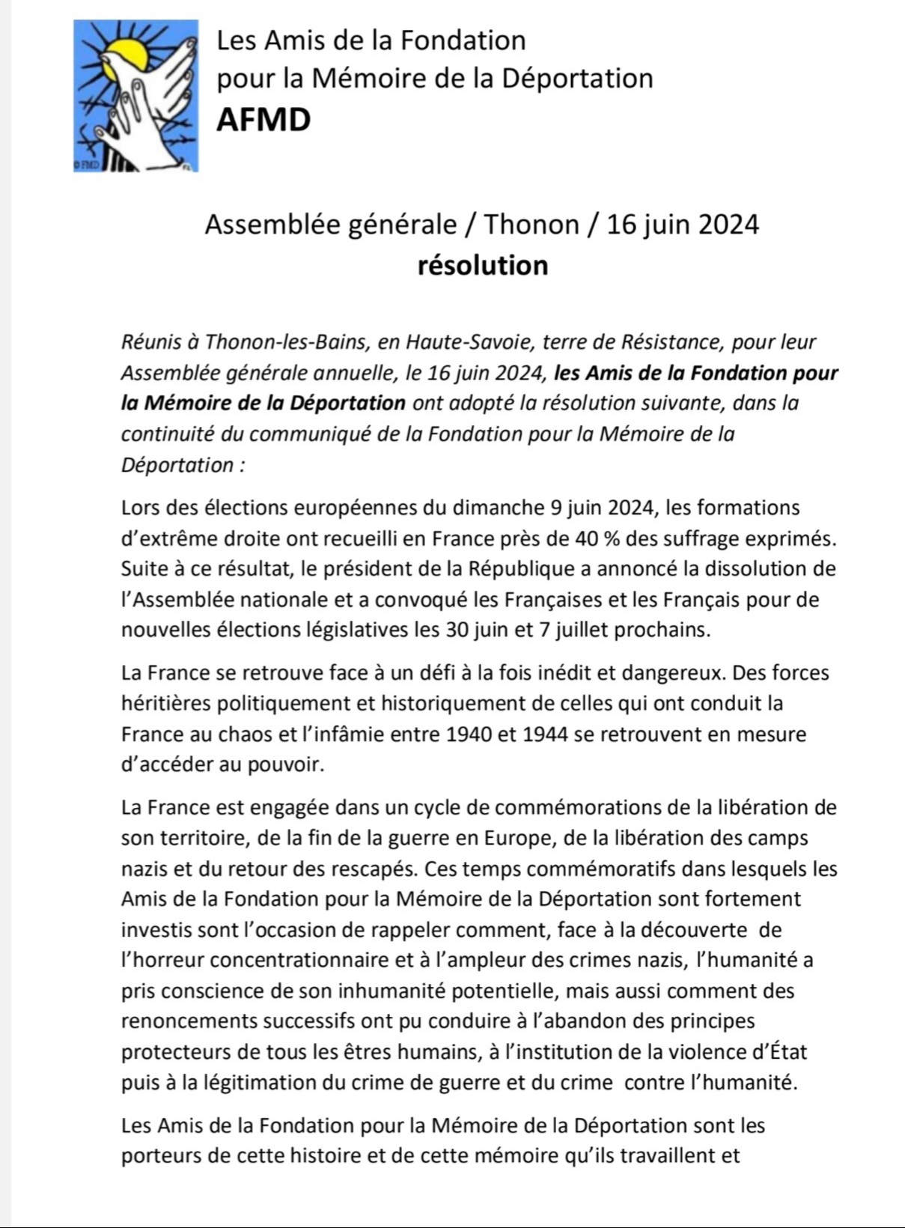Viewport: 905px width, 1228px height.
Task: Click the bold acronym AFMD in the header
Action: click(x=263, y=120)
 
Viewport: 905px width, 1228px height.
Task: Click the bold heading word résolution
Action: click(x=483, y=265)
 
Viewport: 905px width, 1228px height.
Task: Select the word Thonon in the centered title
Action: click(x=531, y=224)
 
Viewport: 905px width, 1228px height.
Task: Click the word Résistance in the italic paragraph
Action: click(x=668, y=341)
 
